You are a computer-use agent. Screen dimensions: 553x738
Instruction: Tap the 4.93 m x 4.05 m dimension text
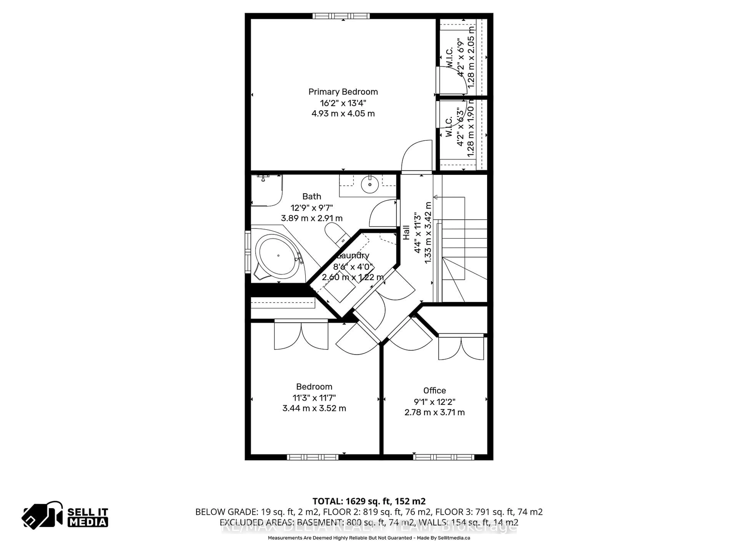(x=343, y=114)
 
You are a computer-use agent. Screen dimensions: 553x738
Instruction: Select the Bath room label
(x=312, y=197)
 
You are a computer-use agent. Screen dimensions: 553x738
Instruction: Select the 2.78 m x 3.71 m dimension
(x=434, y=412)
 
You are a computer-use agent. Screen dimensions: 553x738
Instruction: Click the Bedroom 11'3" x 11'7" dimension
(x=314, y=398)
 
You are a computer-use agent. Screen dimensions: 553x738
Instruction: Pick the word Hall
(x=406, y=233)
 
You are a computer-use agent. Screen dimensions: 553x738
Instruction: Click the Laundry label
(x=353, y=256)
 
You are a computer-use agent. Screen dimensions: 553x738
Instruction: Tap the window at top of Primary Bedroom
(x=341, y=16)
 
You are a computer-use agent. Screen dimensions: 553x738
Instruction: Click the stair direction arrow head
(x=435, y=197)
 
